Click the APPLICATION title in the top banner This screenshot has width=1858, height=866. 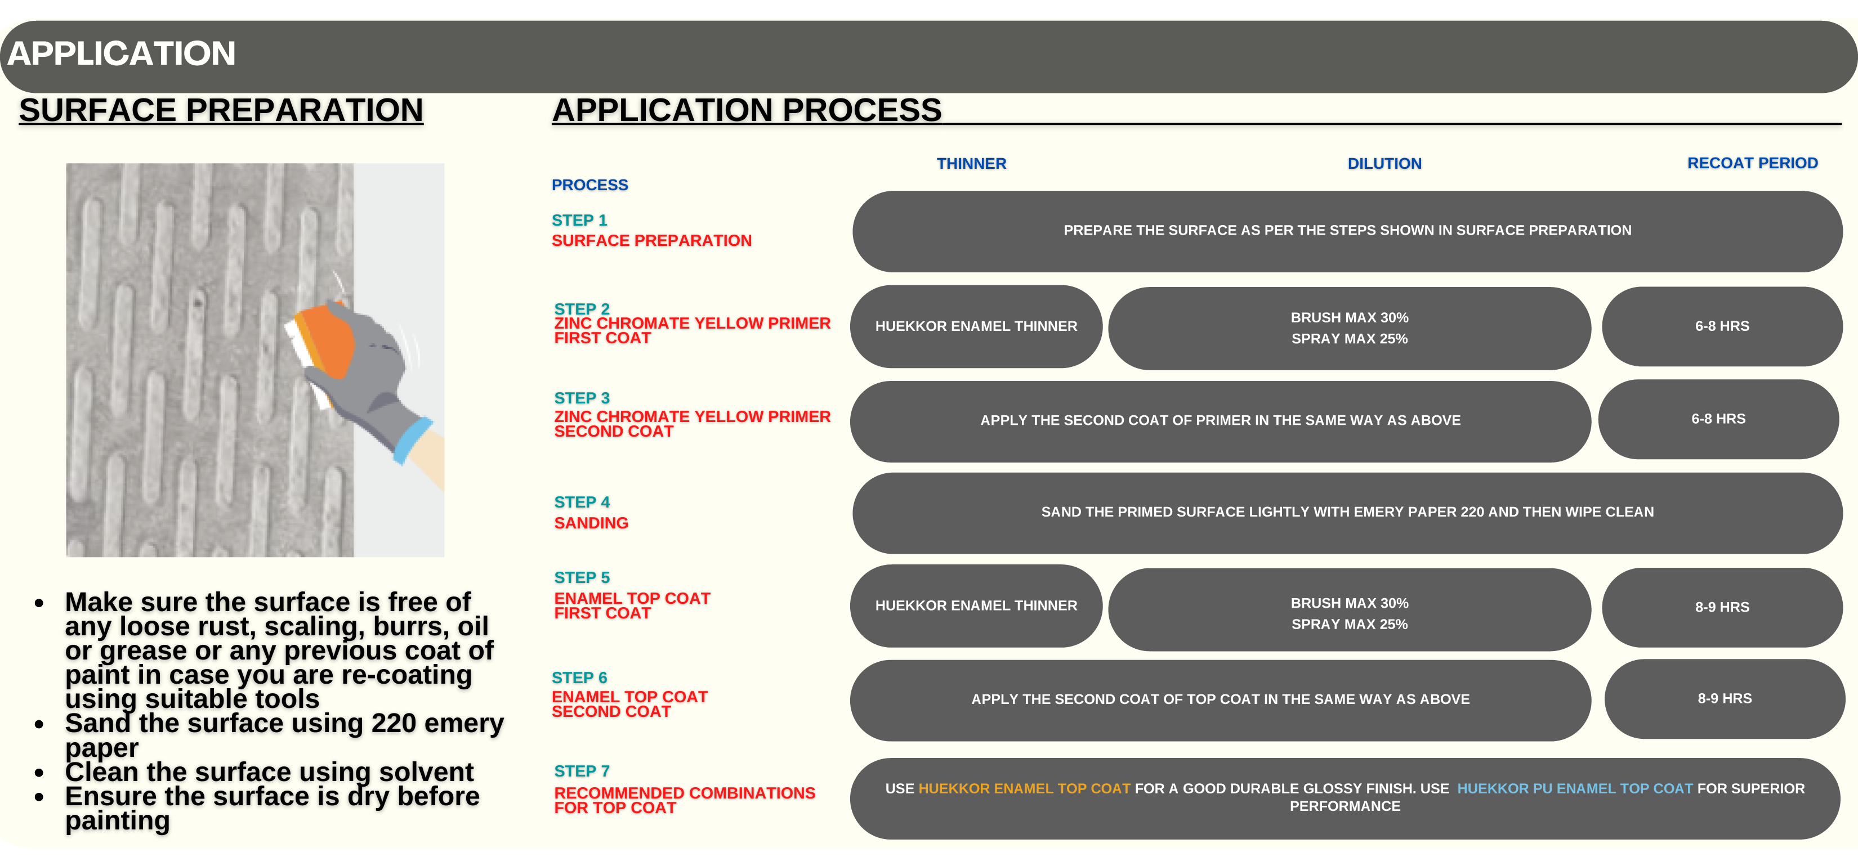click(121, 53)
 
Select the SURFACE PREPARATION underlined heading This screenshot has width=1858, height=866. click(221, 110)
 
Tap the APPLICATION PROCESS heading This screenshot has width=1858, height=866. click(747, 110)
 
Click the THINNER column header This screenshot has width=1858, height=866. click(971, 164)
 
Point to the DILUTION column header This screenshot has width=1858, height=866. click(1384, 164)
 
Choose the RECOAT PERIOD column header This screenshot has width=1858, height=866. click(1752, 163)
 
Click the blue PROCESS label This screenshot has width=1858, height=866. click(589, 185)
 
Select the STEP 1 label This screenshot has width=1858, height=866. click(579, 220)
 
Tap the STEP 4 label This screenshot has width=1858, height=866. click(582, 502)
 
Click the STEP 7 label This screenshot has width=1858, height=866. click(582, 771)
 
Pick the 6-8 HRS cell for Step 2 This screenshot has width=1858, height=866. click(1722, 326)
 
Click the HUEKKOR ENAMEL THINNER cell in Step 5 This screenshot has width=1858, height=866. click(976, 605)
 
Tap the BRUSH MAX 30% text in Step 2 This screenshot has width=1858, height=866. click(1349, 317)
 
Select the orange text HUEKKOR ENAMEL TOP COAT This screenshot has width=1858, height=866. click(1024, 788)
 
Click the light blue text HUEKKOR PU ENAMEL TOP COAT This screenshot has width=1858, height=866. click(1575, 788)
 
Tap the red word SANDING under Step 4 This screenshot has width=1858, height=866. click(591, 523)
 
